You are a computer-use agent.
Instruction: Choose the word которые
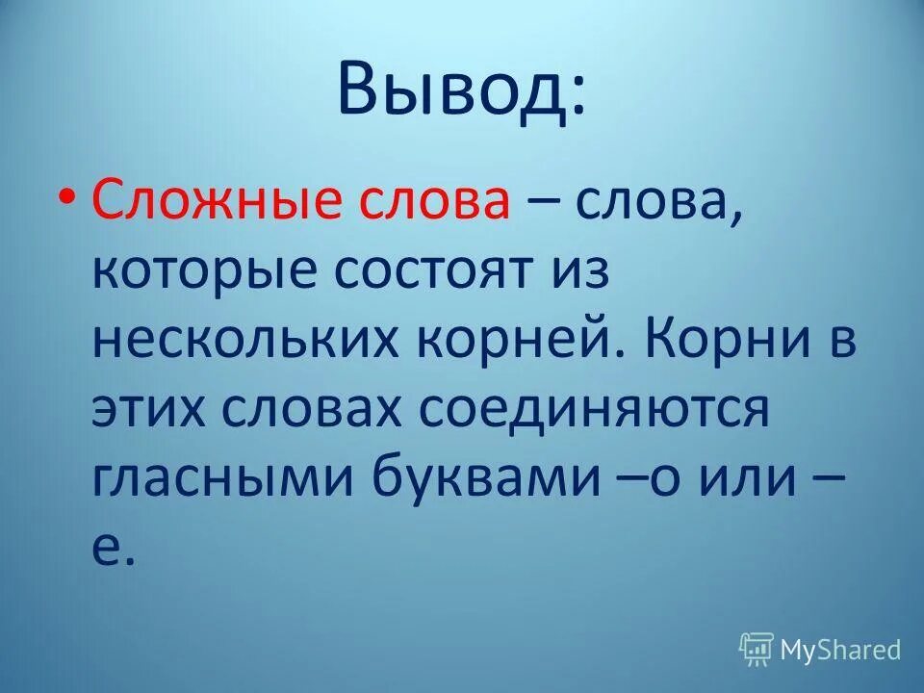(203, 271)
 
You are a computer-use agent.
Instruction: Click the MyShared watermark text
(840, 650)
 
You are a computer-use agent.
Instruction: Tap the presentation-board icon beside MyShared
(757, 650)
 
